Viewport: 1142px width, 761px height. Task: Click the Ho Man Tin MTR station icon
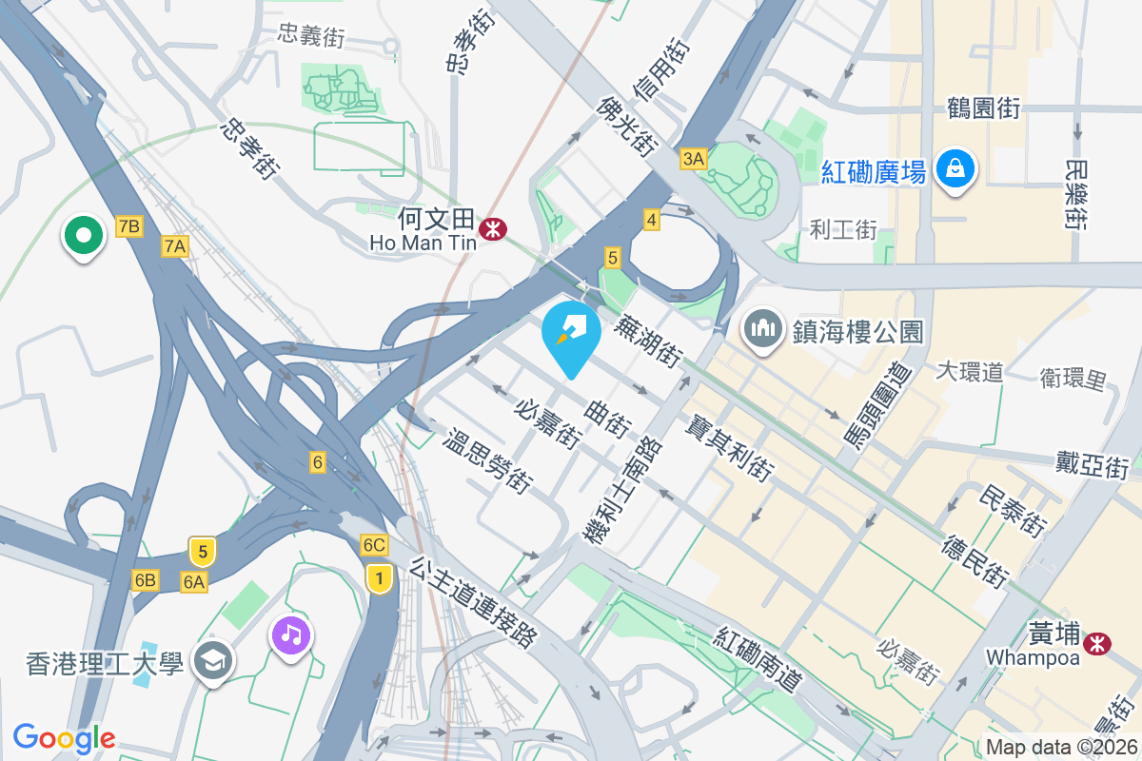(x=493, y=228)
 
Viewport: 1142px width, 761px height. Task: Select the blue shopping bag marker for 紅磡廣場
(x=952, y=170)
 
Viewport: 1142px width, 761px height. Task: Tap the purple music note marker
(x=291, y=634)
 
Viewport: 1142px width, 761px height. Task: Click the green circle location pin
(x=83, y=235)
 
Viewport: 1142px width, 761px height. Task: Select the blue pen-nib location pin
(x=571, y=338)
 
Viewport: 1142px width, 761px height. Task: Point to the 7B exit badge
(x=128, y=225)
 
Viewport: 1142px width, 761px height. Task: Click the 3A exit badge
(x=693, y=159)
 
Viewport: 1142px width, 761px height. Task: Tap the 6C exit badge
(x=374, y=545)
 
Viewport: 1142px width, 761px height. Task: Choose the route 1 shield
(x=380, y=576)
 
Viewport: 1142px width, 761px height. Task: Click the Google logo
(x=64, y=737)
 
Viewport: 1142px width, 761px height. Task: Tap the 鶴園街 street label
(x=984, y=108)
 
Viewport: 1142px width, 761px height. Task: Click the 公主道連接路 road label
(x=473, y=602)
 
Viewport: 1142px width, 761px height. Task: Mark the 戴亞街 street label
(x=1092, y=466)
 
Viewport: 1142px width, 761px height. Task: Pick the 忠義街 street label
(x=310, y=37)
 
